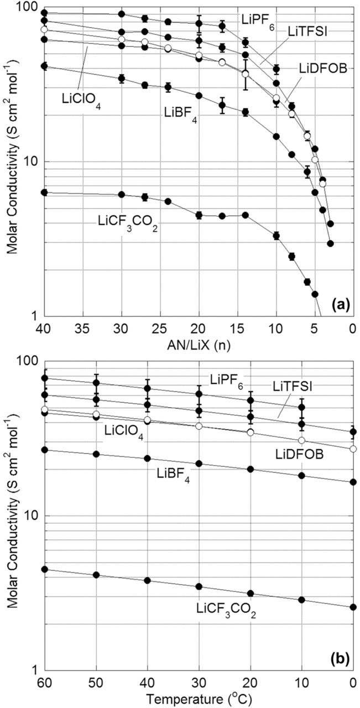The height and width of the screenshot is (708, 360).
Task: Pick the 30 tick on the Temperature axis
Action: (199, 681)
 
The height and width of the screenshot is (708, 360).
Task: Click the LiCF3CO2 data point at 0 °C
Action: (353, 607)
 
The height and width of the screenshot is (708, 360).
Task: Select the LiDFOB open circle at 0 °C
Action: (353, 449)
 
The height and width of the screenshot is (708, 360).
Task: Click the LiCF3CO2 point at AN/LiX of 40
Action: (45, 192)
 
